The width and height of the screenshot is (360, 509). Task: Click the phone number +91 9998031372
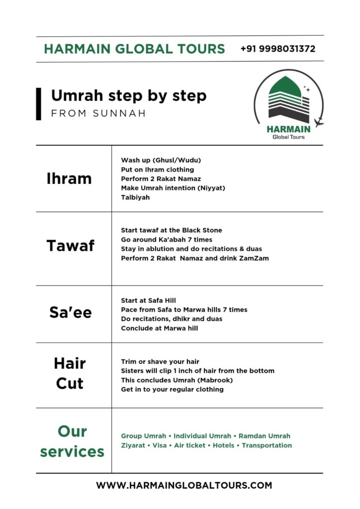tap(277, 49)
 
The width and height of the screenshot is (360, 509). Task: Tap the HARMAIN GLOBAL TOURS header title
tap(134, 49)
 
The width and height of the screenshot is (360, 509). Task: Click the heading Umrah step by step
tap(128, 95)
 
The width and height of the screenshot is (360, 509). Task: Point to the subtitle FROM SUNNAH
tap(98, 113)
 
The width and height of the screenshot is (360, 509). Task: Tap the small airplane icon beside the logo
tap(319, 122)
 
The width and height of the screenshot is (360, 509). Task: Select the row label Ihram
tap(69, 179)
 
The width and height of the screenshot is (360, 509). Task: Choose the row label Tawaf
tap(70, 246)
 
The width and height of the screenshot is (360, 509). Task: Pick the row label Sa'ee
tap(71, 312)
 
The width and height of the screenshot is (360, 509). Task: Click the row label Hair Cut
tap(70, 373)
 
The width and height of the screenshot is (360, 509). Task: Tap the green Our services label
tap(72, 441)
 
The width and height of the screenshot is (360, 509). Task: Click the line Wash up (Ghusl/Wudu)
tap(161, 160)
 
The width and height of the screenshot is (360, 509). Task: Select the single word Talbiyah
tap(135, 197)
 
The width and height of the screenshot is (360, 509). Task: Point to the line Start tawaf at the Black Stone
tap(172, 230)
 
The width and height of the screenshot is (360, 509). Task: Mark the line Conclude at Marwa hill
tap(159, 328)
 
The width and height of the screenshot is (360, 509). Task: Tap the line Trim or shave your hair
tap(160, 361)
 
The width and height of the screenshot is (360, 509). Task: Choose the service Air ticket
tap(189, 445)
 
